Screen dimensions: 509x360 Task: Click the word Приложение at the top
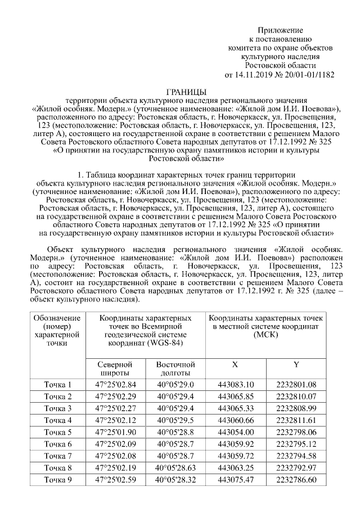coord(280,29)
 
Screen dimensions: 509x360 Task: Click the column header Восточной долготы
coord(175,368)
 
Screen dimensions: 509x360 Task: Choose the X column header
coord(235,364)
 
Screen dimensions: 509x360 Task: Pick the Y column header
coord(296,364)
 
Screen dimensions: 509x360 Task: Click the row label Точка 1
coord(58,385)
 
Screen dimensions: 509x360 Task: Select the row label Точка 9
coord(58,480)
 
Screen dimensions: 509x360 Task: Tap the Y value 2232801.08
coord(296,385)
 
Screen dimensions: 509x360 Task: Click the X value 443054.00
coord(235,432)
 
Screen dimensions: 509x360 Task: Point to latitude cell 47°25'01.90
coord(116,432)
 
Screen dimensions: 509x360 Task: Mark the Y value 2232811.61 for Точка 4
coord(296,420)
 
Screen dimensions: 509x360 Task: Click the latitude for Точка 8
coord(116,468)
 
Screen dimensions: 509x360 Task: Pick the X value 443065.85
coord(235,397)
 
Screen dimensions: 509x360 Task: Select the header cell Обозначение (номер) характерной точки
coord(58,330)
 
